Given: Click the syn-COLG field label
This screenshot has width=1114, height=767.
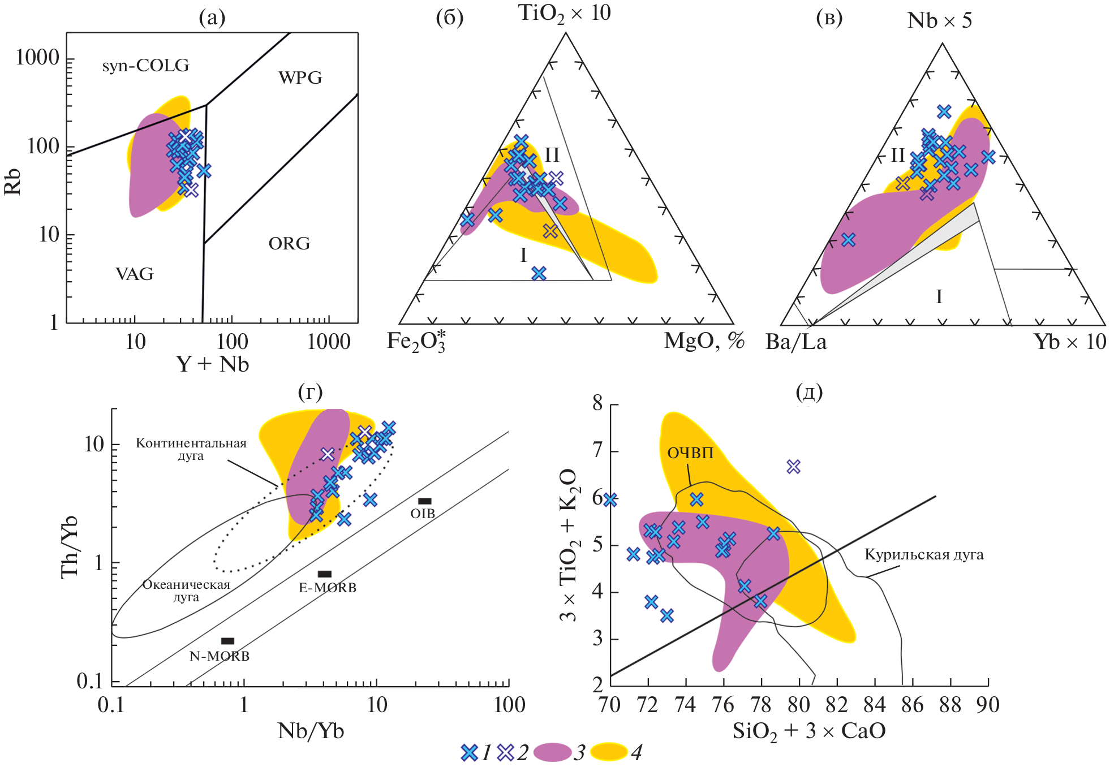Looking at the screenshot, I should tap(145, 66).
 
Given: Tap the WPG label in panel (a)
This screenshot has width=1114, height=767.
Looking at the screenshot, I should tap(300, 77).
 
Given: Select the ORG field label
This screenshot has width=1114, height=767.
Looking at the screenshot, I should tap(289, 244).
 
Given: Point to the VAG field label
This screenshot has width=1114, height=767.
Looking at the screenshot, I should tap(135, 274).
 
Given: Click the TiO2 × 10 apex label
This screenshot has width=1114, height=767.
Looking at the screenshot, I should tap(564, 14).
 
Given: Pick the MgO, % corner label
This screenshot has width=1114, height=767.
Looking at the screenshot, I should tap(704, 341).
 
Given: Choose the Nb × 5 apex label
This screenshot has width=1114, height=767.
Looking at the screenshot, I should tap(939, 21).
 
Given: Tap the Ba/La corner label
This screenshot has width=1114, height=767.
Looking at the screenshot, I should tap(795, 342).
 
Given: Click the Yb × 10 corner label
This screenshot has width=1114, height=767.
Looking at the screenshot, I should tap(1069, 342).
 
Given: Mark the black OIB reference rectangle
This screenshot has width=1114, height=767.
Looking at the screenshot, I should tap(424, 501).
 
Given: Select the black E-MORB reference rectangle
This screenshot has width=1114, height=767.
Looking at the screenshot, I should tap(325, 574).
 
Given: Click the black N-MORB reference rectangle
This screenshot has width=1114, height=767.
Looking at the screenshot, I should tap(227, 641).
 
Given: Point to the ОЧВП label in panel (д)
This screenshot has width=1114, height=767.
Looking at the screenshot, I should tap(690, 453).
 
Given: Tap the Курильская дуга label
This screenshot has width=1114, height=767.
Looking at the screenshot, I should tap(923, 554).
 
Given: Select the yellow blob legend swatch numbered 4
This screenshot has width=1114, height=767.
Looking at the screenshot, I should tap(609, 752).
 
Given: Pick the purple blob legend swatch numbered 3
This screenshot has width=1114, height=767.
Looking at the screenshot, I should tap(552, 752).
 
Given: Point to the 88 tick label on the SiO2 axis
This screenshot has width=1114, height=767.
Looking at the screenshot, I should tap(950, 705).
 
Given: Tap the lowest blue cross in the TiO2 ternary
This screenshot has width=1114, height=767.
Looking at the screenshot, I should tap(539, 274).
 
